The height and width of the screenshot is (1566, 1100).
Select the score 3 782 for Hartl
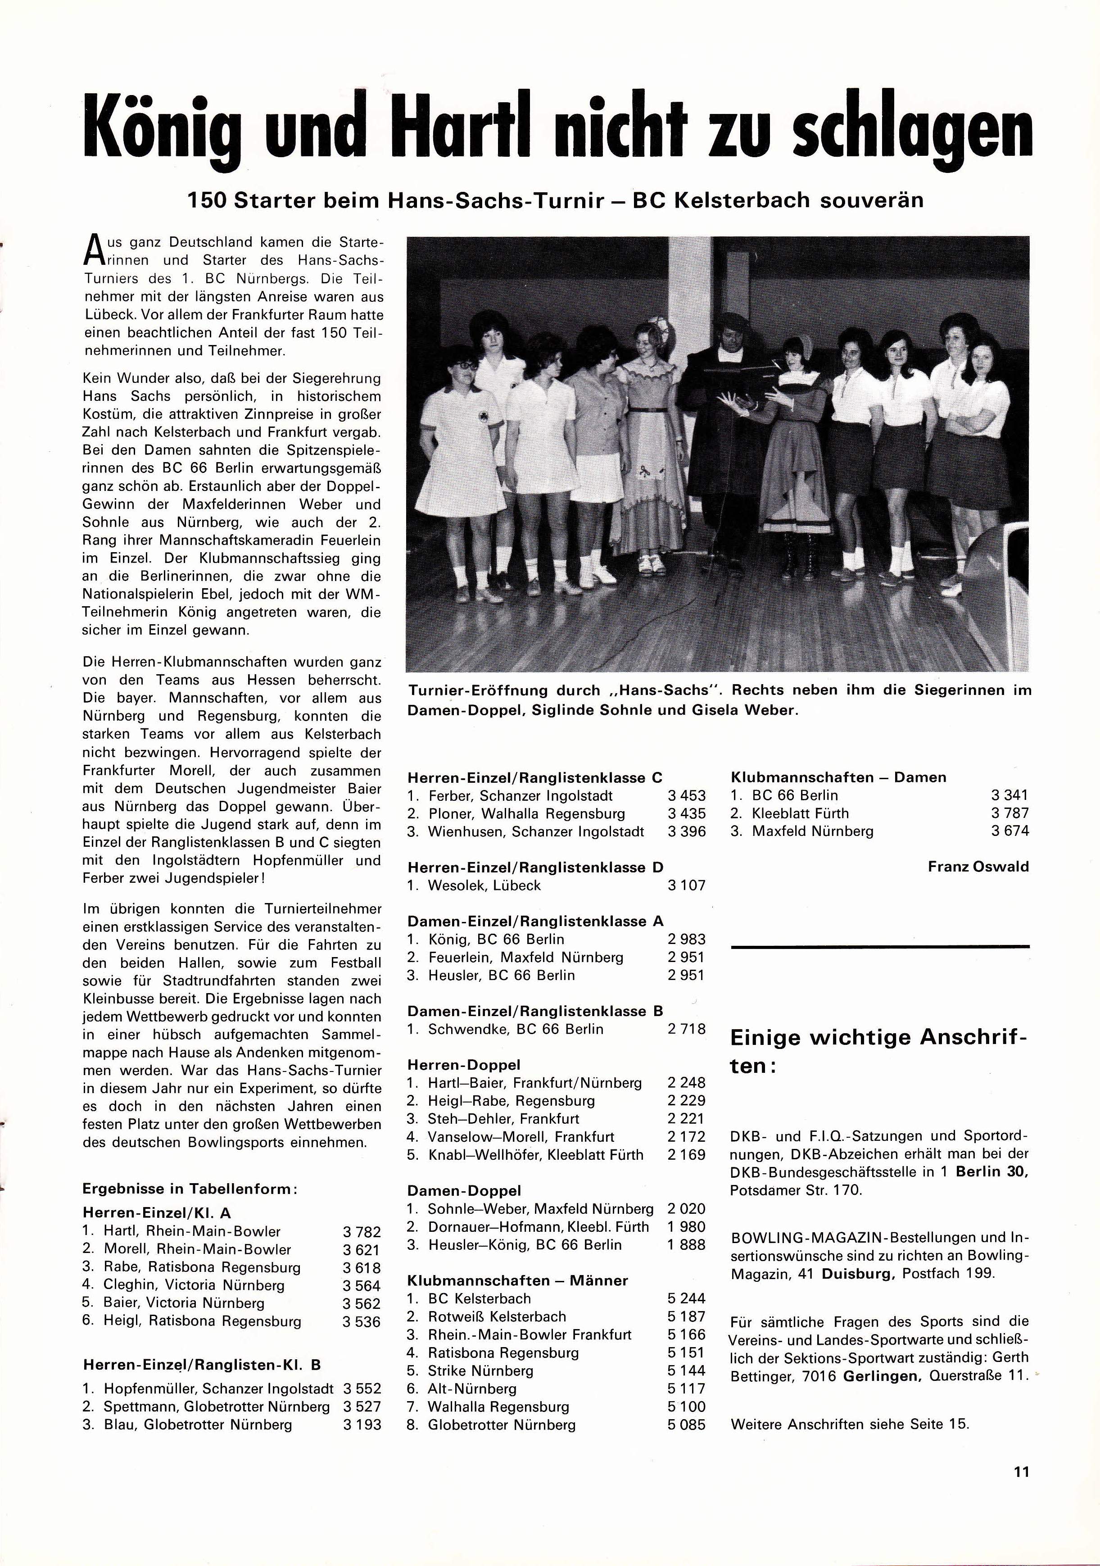(x=362, y=1232)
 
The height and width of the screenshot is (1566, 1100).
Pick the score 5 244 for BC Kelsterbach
(x=686, y=1298)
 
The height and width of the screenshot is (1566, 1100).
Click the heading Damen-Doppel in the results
(x=464, y=1191)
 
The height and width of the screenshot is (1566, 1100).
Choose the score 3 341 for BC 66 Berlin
(x=1009, y=795)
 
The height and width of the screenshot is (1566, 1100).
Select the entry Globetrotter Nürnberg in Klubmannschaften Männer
(x=501, y=1425)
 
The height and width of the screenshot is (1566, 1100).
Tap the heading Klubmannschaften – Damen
(x=838, y=777)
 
